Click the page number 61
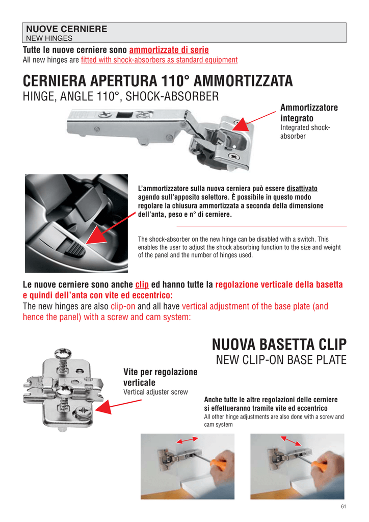point(344,506)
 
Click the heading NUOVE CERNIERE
point(67,29)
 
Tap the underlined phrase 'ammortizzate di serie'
point(169,50)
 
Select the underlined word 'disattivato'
point(302,189)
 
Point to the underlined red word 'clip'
point(142,284)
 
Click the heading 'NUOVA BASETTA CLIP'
point(279,344)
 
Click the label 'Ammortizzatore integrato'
point(309,113)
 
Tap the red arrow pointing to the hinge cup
point(253,121)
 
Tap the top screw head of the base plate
point(63,352)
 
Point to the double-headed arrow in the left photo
point(187,440)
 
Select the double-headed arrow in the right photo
point(291,441)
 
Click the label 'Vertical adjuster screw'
point(155,392)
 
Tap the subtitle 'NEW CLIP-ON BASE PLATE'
point(281,360)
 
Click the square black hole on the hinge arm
point(124,115)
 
